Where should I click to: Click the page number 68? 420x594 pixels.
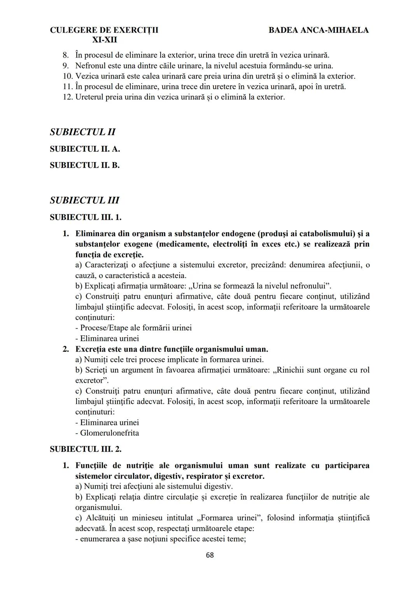click(210, 555)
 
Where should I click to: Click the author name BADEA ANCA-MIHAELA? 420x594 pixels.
click(318, 30)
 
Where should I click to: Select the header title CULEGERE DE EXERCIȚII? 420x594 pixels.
click(104, 30)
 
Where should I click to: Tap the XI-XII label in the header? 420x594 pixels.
click(105, 40)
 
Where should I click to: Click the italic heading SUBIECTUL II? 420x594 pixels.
click(83, 132)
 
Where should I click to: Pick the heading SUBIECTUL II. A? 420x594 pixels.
click(85, 149)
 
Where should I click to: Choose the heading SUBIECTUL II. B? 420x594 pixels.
click(85, 165)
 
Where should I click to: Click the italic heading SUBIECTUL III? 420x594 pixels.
click(85, 200)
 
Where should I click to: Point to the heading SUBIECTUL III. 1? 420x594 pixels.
click(86, 217)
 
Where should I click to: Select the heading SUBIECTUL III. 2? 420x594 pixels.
click(86, 449)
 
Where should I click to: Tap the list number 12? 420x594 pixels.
click(68, 97)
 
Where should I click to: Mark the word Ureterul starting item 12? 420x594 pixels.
click(90, 97)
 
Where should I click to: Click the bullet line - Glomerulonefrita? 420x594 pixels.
click(107, 433)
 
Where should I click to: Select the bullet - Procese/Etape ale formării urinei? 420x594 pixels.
click(133, 328)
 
